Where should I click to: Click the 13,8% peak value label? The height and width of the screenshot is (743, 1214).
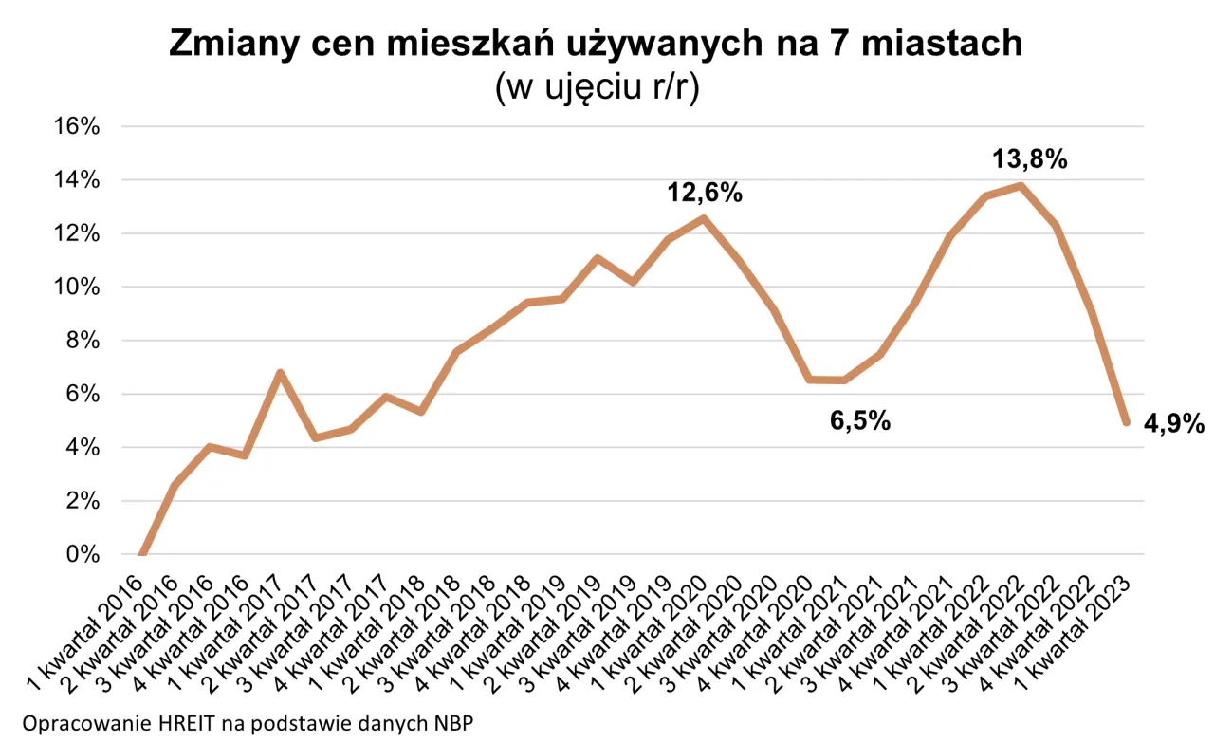[1030, 159]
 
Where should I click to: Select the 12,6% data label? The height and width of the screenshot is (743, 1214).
[704, 194]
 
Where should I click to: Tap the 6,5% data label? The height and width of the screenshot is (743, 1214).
[860, 421]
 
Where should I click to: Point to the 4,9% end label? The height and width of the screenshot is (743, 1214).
[1173, 422]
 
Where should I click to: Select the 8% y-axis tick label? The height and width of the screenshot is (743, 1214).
[80, 341]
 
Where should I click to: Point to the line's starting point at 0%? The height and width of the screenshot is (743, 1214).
[141, 555]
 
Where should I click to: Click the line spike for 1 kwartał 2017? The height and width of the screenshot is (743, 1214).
[280, 373]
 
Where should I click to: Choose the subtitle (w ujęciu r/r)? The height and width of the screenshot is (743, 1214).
[597, 90]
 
